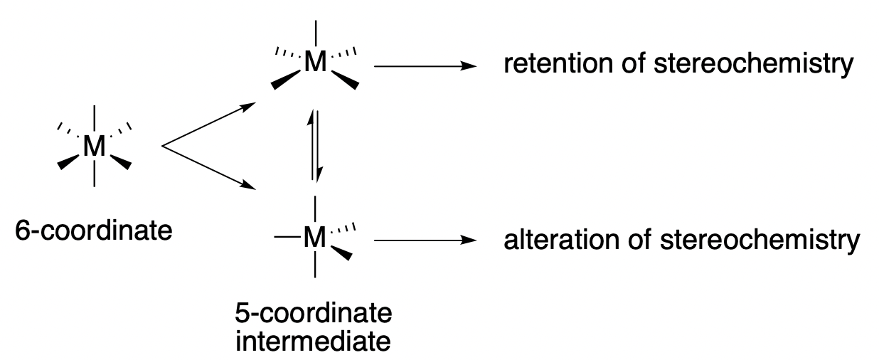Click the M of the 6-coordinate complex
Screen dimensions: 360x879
coord(94,147)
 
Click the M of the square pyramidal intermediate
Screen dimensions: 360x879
coord(315,64)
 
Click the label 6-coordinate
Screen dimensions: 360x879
coord(93,231)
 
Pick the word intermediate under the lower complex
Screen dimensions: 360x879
coord(312,340)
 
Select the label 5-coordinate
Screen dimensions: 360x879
coord(312,314)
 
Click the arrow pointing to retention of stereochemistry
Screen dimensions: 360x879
coord(424,66)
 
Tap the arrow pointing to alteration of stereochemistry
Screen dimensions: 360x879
coord(424,241)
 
